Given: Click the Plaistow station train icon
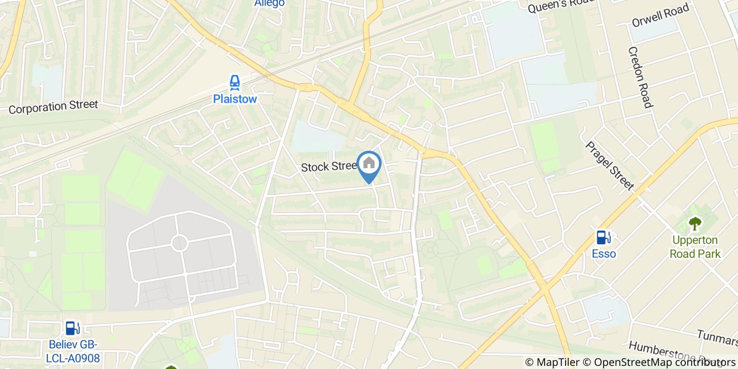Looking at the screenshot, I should [235, 82].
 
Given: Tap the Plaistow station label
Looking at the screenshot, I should [235, 99].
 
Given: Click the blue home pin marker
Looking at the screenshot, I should [369, 164].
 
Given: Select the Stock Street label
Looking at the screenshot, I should [329, 167].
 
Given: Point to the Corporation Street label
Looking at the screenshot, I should [53, 107].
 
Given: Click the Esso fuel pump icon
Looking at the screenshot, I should [604, 238].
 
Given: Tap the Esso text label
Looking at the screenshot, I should [604, 254].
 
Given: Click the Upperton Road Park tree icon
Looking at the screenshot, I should [695, 224].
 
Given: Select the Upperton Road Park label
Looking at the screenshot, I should [695, 247].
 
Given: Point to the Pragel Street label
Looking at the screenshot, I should [609, 165].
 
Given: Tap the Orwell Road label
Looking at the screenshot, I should [661, 17].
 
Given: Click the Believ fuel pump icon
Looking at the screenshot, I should [73, 328].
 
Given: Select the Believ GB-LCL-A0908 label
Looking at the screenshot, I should [73, 351].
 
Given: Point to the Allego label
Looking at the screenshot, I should [269, 3].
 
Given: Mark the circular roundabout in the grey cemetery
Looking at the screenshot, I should [180, 243].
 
